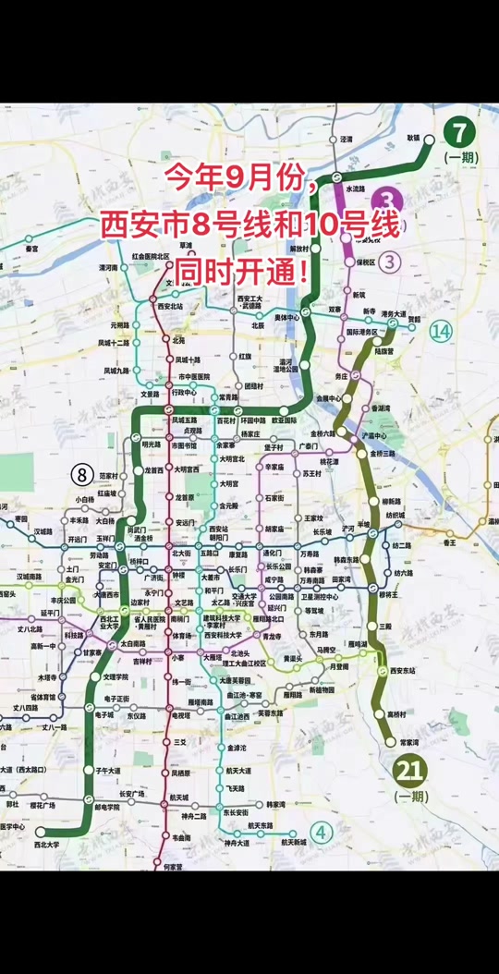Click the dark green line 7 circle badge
coord(459,133)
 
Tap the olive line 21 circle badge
coord(410,769)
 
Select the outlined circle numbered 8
coord(81,475)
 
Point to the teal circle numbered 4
coord(322,832)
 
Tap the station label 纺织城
coord(396,515)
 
